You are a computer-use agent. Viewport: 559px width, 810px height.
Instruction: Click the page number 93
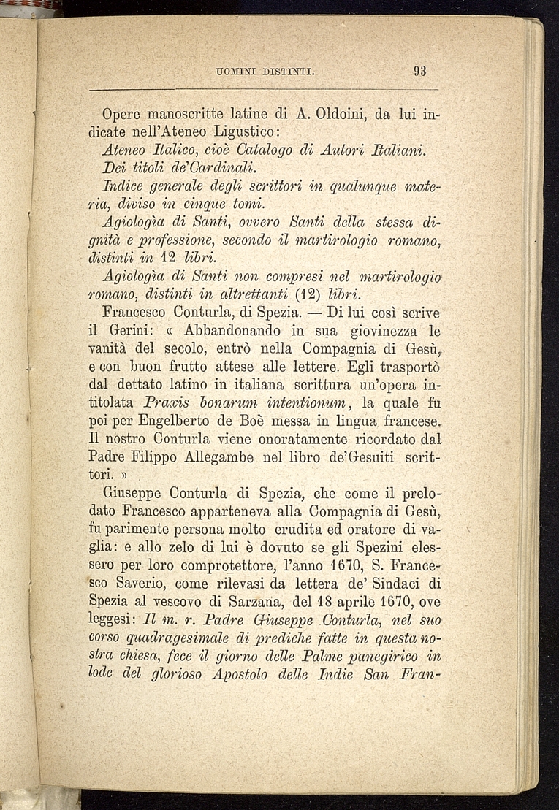419,72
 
